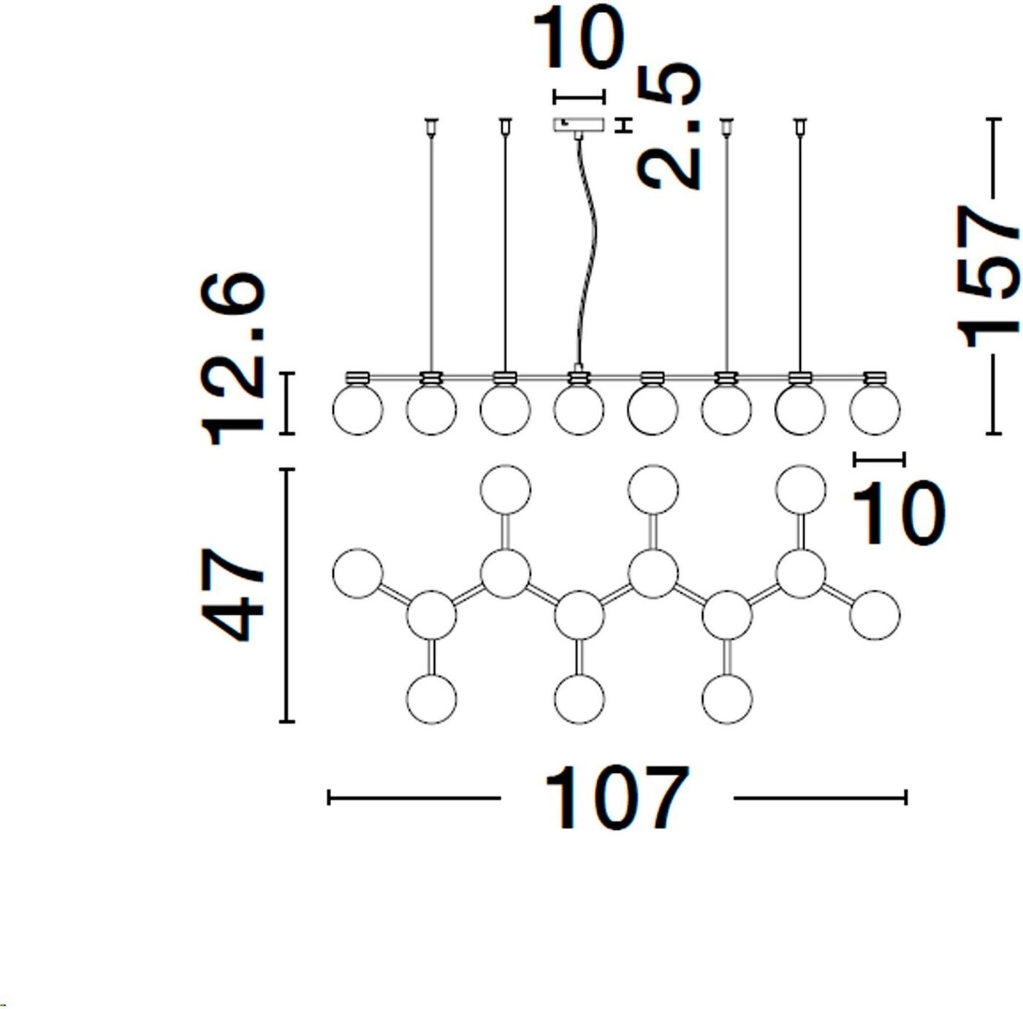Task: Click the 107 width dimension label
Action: click(616, 798)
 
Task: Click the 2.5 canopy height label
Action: click(669, 126)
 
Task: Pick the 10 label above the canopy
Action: click(578, 38)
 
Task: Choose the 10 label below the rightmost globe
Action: click(898, 513)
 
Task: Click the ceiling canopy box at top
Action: click(579, 124)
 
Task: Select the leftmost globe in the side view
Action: click(357, 410)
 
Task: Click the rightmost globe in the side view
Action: click(875, 410)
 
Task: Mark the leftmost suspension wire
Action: click(431, 249)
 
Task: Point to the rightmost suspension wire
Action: click(800, 249)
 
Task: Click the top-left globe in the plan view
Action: click(505, 489)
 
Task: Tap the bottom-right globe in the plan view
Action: click(727, 698)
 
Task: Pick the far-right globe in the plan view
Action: click(875, 616)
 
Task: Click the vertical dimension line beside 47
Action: click(287, 594)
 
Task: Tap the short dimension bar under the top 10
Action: click(579, 97)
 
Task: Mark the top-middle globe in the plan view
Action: click(653, 489)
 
